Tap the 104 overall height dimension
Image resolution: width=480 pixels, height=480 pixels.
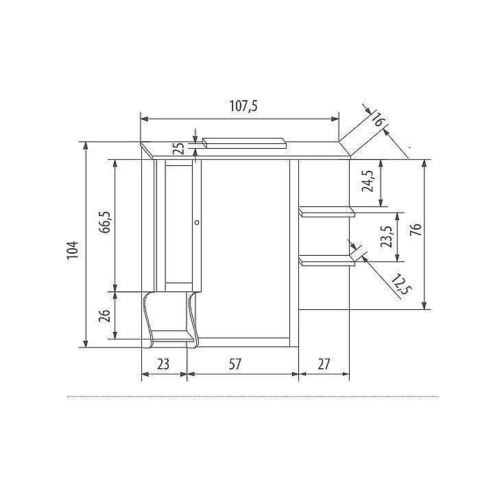pos(73,250)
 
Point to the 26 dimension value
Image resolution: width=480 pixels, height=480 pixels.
pos(104,315)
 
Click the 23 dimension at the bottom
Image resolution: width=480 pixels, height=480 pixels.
pos(163,365)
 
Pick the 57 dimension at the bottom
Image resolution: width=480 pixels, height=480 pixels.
pos(235,365)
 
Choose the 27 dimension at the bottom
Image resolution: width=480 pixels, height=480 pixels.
pos(323,365)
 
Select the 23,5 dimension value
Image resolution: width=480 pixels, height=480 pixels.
pos(387,237)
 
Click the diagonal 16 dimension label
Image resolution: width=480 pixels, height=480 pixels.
pos(376,117)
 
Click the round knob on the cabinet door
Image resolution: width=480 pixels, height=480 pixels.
pos(197,222)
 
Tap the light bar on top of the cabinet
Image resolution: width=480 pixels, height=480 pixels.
pos(244,143)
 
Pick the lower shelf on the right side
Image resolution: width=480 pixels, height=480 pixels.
pos(327,260)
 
